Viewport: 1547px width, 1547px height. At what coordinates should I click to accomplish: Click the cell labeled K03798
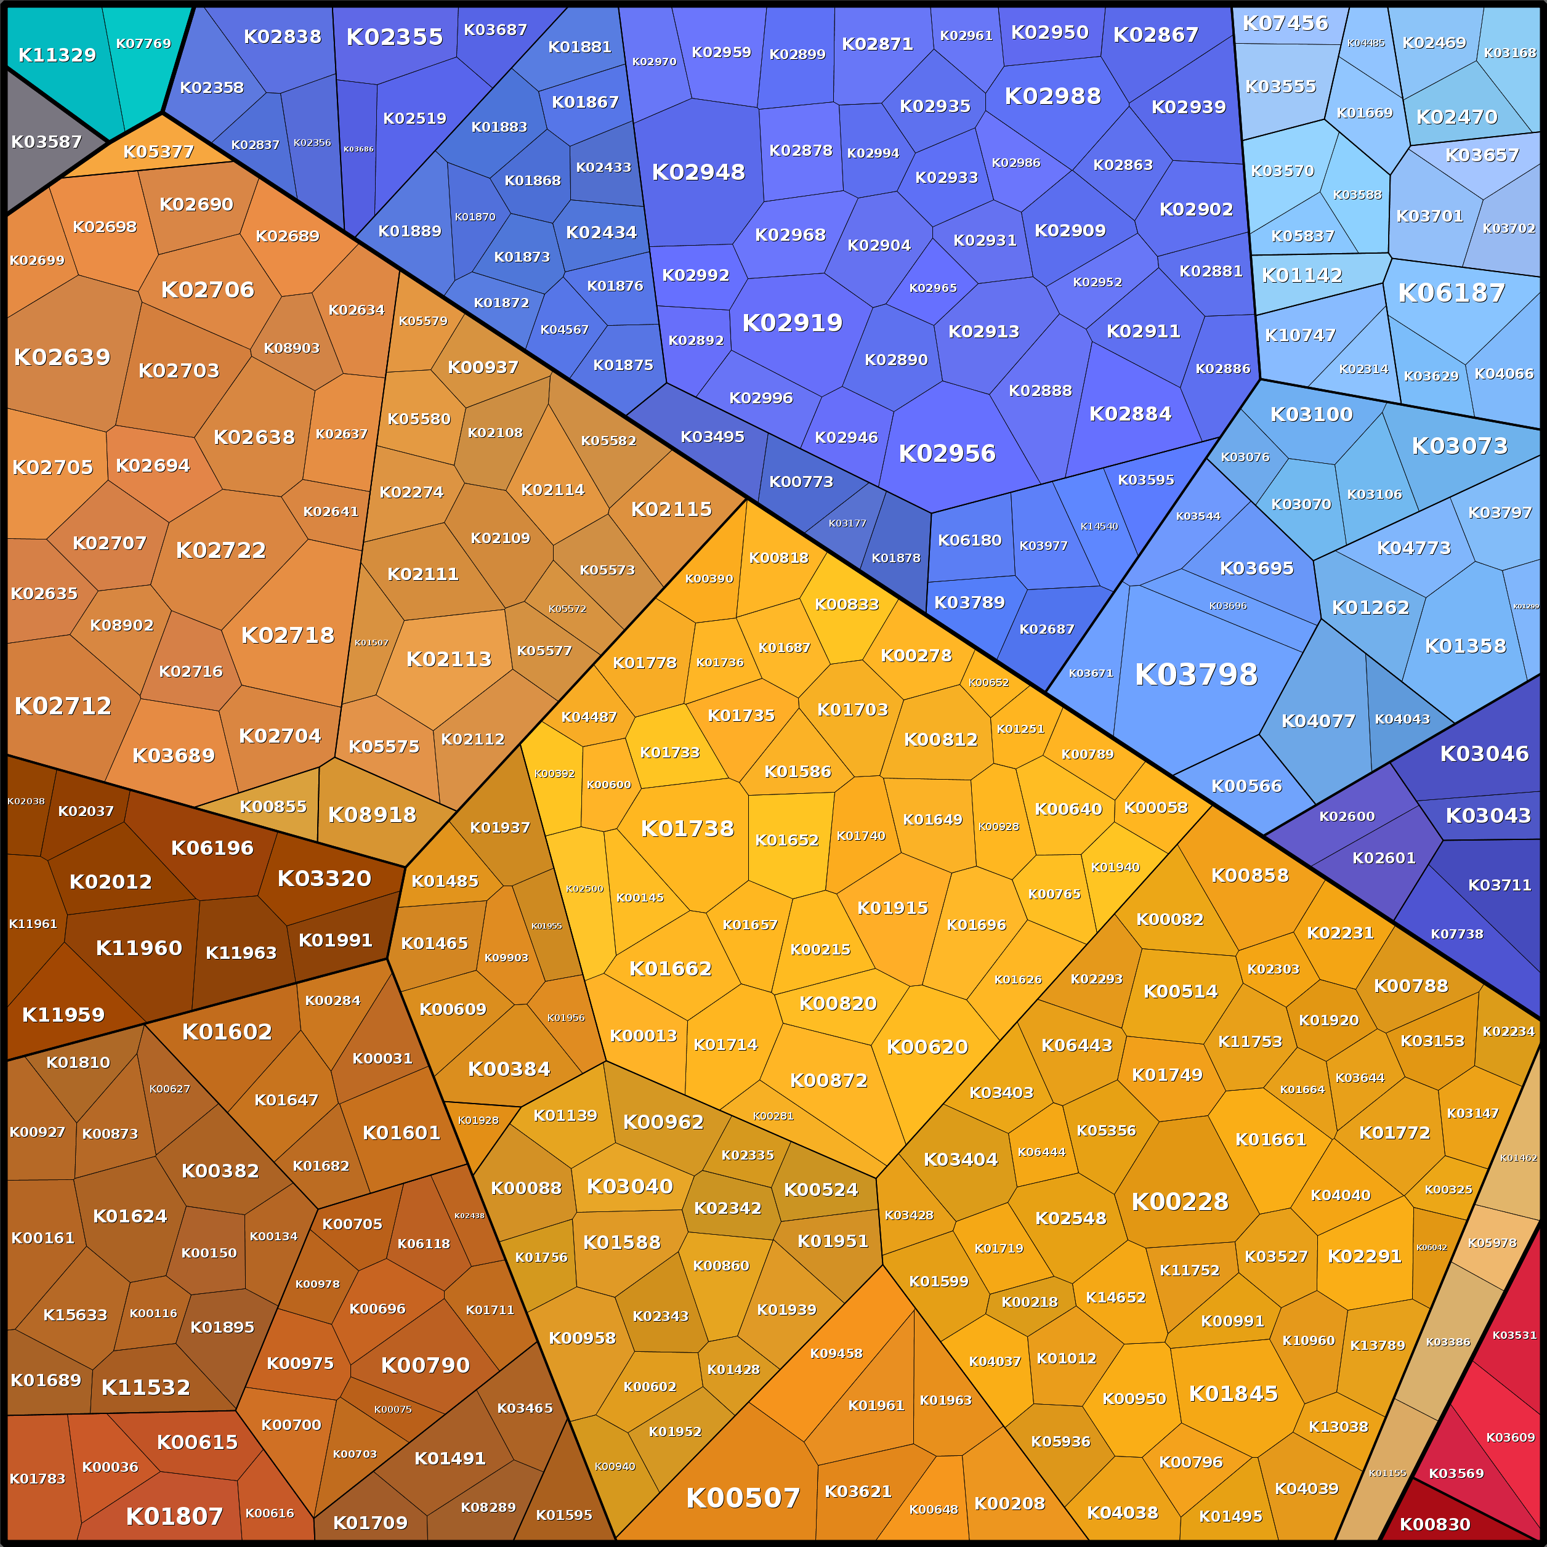point(1195,674)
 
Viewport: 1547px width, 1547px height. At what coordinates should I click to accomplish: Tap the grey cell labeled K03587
point(46,142)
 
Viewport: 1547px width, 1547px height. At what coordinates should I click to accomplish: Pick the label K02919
point(792,323)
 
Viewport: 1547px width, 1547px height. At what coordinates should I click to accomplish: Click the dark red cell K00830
point(1434,1524)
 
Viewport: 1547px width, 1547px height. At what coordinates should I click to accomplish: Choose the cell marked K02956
point(947,453)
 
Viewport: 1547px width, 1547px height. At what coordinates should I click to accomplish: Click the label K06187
point(1451,293)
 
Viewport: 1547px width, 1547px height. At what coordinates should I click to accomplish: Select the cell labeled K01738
point(687,829)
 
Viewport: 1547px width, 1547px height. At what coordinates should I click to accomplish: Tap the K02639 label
point(62,357)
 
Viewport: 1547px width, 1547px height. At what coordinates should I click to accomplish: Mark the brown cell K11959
point(63,1014)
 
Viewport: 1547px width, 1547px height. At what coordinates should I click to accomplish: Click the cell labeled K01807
point(174,1516)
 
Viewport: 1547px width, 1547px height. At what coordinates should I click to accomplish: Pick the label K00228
point(1179,1201)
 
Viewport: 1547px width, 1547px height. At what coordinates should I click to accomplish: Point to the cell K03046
point(1484,753)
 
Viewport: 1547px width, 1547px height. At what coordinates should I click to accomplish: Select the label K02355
point(394,37)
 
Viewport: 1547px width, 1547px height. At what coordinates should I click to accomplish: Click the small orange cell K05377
point(158,151)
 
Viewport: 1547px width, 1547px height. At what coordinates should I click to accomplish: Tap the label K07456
point(1285,23)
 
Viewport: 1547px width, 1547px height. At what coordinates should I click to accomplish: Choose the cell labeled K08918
point(373,814)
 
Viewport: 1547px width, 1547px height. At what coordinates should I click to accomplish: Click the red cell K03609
point(1509,1437)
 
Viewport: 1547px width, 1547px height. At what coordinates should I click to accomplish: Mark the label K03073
point(1459,446)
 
